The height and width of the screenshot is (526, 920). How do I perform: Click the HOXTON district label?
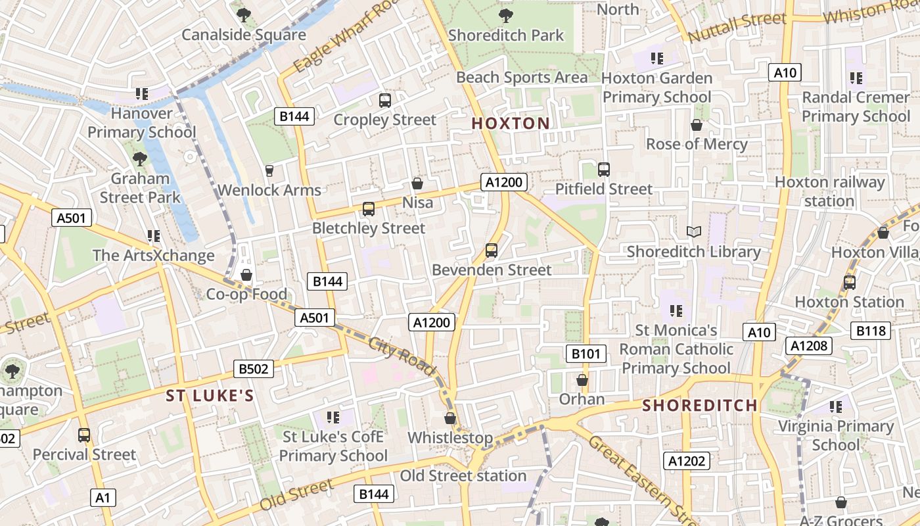pyautogui.click(x=511, y=124)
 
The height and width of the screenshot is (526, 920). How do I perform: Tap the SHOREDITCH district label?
pyautogui.click(x=700, y=405)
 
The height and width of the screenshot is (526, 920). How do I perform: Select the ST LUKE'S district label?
pyautogui.click(x=210, y=396)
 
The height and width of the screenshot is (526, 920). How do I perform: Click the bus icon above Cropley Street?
pyautogui.click(x=385, y=101)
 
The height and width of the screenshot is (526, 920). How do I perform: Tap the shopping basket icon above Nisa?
pyautogui.click(x=417, y=183)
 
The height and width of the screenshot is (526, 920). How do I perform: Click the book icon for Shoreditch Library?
pyautogui.click(x=694, y=231)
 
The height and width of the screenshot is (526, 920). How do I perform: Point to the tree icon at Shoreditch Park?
pyautogui.click(x=505, y=15)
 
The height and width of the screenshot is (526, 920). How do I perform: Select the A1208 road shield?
pyautogui.click(x=810, y=346)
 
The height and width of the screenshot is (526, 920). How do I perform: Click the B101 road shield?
pyautogui.click(x=586, y=354)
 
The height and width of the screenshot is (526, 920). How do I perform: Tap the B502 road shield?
pyautogui.click(x=254, y=369)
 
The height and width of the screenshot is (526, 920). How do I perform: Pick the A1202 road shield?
pyautogui.click(x=686, y=462)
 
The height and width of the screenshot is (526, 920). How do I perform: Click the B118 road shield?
pyautogui.click(x=871, y=331)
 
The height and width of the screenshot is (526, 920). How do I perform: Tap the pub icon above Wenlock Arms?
pyautogui.click(x=269, y=171)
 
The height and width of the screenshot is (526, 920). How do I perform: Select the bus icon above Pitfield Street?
pyautogui.click(x=604, y=170)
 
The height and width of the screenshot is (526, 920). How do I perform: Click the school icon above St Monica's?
pyautogui.click(x=676, y=310)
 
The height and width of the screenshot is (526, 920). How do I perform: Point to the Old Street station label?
pyautogui.click(x=463, y=475)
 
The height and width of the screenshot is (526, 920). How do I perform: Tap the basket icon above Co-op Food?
pyautogui.click(x=246, y=275)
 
